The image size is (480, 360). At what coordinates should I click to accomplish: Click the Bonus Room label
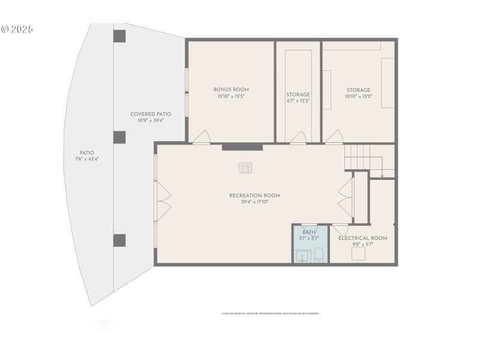[231, 89]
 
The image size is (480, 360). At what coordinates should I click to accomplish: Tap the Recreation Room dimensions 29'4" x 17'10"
[254, 202]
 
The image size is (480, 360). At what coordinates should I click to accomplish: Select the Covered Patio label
[151, 114]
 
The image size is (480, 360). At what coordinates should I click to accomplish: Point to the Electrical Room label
[362, 238]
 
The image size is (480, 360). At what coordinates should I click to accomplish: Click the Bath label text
[309, 232]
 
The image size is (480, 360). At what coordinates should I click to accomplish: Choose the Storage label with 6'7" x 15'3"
[298, 95]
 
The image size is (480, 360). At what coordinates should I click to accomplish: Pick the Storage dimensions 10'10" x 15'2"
[358, 97]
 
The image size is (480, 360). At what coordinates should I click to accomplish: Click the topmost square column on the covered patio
[119, 36]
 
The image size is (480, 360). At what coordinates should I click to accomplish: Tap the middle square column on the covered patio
[119, 137]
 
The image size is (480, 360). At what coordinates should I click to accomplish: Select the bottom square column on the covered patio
[119, 241]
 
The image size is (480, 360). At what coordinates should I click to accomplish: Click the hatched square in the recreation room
[244, 168]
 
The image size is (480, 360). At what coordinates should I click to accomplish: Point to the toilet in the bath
[319, 256]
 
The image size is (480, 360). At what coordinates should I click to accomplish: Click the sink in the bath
[301, 256]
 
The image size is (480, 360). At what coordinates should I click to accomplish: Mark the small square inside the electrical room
[359, 254]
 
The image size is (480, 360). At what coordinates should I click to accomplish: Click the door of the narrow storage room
[298, 139]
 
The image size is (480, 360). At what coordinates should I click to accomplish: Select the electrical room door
[340, 229]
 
